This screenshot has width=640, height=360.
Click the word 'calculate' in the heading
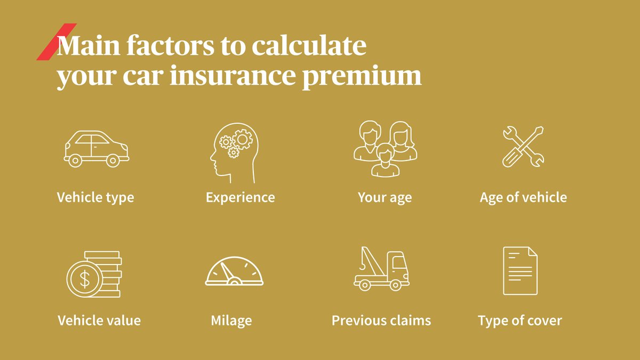pos(309,46)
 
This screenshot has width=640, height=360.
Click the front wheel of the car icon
pos(113,159)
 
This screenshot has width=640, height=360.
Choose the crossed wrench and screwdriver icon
pos(523,146)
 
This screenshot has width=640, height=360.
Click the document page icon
pos(520,270)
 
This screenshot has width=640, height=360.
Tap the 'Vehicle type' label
pos(95,197)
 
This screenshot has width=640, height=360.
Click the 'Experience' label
pos(241,197)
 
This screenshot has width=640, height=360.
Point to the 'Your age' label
pos(385,198)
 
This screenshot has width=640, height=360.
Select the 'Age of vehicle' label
pos(523,197)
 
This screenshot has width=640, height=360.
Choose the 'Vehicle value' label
pos(99,321)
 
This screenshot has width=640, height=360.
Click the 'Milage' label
pos(231,321)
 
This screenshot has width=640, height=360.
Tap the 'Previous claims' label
pos(381,321)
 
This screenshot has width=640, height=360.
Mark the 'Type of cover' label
pos(520,321)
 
